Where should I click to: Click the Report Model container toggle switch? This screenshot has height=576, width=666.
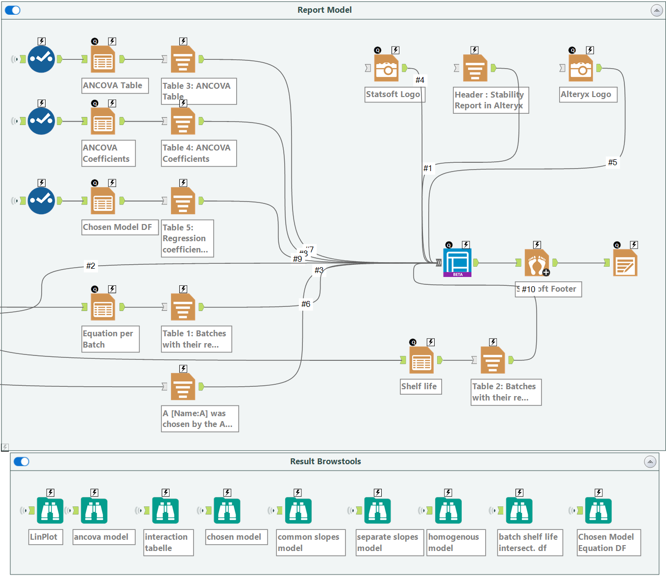click(13, 10)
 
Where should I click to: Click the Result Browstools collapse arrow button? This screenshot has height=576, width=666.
click(650, 462)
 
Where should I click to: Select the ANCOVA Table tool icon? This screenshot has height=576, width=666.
click(103, 59)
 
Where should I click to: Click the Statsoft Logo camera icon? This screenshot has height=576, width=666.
click(387, 68)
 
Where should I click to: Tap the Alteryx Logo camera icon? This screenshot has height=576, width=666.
click(581, 68)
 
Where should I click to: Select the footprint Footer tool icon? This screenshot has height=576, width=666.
click(537, 263)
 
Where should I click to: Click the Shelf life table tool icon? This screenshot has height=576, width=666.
click(421, 360)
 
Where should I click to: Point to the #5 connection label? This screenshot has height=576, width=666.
click(613, 162)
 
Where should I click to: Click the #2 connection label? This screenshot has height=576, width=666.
click(91, 266)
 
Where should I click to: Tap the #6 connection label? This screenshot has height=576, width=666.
click(306, 304)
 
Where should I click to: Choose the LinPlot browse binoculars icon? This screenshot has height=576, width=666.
click(50, 511)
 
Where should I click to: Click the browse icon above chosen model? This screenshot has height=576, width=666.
click(227, 511)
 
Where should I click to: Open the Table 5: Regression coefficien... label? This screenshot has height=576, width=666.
click(187, 238)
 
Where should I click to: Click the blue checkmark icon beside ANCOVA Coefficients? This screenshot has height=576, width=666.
click(41, 121)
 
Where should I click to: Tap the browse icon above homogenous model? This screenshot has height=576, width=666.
click(448, 511)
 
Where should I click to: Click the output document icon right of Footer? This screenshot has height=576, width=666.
click(625, 263)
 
